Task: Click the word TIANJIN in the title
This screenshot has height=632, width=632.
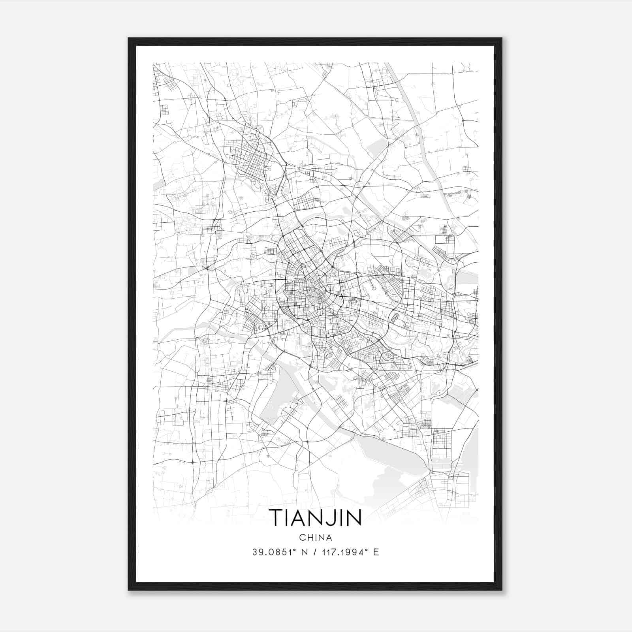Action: coord(315,517)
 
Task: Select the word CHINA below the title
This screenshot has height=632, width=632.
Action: coord(315,538)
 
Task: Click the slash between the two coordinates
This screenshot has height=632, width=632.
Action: coord(315,552)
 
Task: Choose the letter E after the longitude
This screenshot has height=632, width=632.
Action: coord(376,552)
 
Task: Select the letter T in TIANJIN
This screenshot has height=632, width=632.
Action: coord(275,517)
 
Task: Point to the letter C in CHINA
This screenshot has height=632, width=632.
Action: coord(302,538)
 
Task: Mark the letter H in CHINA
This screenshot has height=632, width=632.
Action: coord(309,538)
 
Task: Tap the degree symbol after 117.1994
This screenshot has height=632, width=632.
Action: coord(367,550)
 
